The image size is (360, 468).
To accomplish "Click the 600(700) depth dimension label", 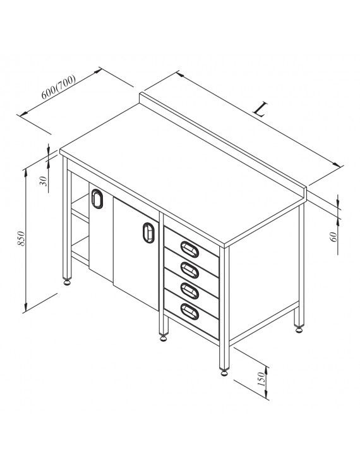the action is point(59,87).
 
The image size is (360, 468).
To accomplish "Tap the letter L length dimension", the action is point(260,109).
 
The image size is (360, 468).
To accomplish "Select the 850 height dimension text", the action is point(21,238).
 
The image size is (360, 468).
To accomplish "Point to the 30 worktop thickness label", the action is point(44,181).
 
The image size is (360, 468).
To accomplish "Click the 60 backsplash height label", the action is point(333,237).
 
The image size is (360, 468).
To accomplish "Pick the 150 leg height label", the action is point(261,379).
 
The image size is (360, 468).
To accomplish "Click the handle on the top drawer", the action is point(189,249).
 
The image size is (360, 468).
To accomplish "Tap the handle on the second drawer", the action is point(189,270).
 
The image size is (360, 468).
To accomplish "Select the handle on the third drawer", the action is point(189,291).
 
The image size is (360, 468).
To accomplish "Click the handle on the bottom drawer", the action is point(189,311).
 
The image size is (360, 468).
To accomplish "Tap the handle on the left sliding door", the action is point(97,198).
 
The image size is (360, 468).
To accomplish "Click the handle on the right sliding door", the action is point(148,232).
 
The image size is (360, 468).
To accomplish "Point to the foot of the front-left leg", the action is point(67,282).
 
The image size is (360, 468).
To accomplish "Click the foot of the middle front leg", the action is point(164,337).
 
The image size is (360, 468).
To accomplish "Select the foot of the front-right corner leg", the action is point(224,372).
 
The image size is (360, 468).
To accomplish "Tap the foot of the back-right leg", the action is point(299,329).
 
